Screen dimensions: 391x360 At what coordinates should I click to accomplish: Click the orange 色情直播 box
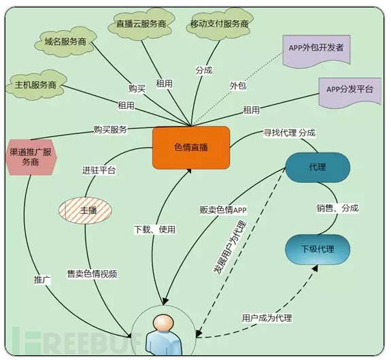point(191,148)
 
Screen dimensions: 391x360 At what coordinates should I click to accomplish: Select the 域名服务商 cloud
point(65,42)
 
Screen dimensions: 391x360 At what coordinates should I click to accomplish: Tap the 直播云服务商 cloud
point(141,24)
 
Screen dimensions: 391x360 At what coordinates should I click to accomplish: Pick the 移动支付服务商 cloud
point(220,24)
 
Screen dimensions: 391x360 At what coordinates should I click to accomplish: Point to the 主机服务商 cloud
point(35,85)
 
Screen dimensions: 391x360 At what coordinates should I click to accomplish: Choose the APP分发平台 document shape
point(350,93)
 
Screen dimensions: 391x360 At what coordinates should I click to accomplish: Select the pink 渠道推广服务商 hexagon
point(31,157)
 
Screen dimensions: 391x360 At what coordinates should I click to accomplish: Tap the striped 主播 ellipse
point(85,210)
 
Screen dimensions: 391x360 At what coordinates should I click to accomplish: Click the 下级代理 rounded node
point(318,249)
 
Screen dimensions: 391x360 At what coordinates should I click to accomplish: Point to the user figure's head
point(164,323)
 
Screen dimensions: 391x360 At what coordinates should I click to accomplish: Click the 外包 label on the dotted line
point(238,86)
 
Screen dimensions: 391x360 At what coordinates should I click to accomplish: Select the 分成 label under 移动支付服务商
point(204,70)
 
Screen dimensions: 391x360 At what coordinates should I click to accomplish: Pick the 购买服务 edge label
point(110,129)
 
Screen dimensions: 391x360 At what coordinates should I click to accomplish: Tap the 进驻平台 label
point(99,170)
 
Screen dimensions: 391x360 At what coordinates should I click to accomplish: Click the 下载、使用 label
point(155,229)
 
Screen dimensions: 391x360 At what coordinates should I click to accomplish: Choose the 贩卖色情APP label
point(223,210)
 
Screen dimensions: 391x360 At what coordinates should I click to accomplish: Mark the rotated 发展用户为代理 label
point(230,248)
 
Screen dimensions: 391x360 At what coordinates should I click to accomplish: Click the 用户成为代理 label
point(267,318)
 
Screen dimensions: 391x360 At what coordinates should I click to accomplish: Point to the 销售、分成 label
point(338,208)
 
